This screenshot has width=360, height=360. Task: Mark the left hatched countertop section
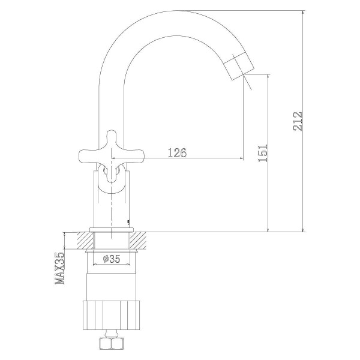82,241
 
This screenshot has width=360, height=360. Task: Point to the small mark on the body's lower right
129,222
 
